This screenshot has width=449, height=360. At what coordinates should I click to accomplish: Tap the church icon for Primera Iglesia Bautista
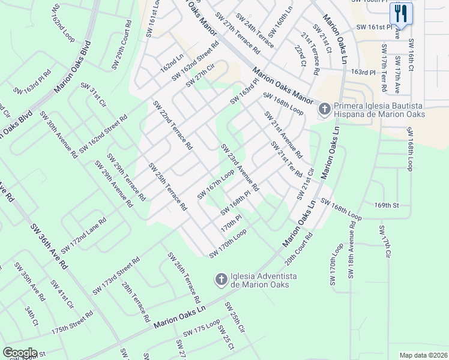click(324, 109)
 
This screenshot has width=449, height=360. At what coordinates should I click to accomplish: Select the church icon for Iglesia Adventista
click(221, 279)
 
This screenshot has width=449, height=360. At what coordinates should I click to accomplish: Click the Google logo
click(20, 353)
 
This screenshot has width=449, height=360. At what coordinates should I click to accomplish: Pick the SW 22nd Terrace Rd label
click(173, 125)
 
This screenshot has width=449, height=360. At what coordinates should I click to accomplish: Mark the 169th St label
click(387, 205)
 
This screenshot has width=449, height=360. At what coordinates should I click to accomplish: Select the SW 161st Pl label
click(374, 27)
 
